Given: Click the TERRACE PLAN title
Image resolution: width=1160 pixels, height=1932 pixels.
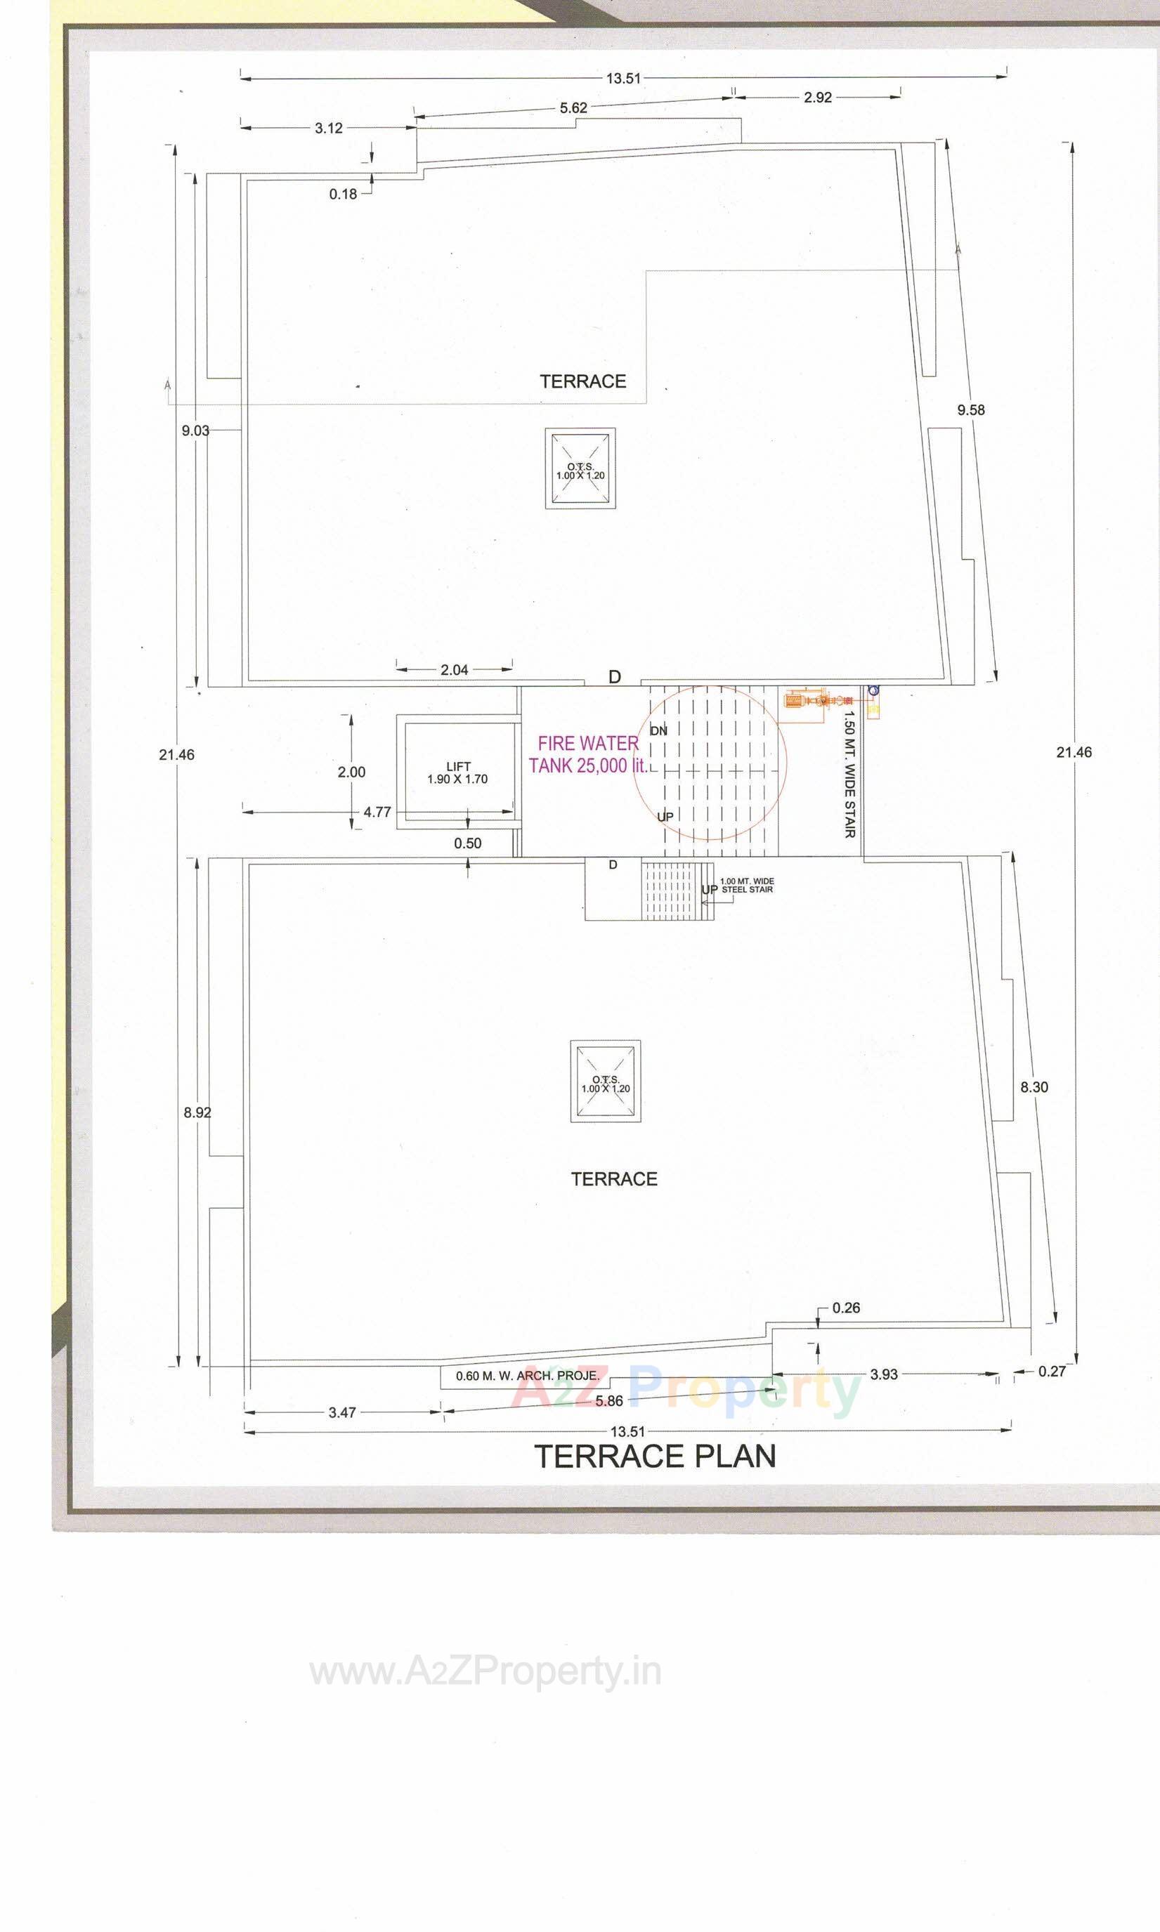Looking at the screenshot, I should click(655, 1457).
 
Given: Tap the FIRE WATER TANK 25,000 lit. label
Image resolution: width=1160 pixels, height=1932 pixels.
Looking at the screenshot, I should click(588, 755).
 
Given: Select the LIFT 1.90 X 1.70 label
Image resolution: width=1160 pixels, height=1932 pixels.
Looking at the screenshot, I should click(457, 773).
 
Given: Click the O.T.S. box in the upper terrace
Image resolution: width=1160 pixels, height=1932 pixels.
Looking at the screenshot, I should click(580, 468).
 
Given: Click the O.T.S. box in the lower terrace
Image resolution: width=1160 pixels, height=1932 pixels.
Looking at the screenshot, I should click(605, 1082).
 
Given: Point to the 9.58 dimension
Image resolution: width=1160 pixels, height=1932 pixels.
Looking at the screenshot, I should click(970, 409).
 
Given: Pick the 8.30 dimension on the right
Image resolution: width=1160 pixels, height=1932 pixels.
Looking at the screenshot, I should click(1034, 1086).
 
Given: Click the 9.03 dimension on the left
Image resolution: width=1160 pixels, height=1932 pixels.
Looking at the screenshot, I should click(195, 431).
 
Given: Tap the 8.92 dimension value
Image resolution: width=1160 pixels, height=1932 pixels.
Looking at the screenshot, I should click(197, 1112).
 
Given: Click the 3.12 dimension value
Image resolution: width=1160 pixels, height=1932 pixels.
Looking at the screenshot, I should click(328, 128).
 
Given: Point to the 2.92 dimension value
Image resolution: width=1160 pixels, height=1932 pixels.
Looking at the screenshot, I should click(817, 98).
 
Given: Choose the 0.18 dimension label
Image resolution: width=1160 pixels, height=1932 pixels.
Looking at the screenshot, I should click(342, 194).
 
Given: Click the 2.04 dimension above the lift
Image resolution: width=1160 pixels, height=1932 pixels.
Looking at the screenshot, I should click(454, 669).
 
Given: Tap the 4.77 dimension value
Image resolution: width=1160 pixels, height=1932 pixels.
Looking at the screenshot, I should click(377, 812).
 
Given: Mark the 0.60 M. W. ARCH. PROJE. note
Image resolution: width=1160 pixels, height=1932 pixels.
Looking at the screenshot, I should click(527, 1376).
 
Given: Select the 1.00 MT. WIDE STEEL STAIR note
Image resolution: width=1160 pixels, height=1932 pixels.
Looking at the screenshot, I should click(746, 885).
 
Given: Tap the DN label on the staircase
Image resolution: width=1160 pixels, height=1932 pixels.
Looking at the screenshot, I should click(659, 730).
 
